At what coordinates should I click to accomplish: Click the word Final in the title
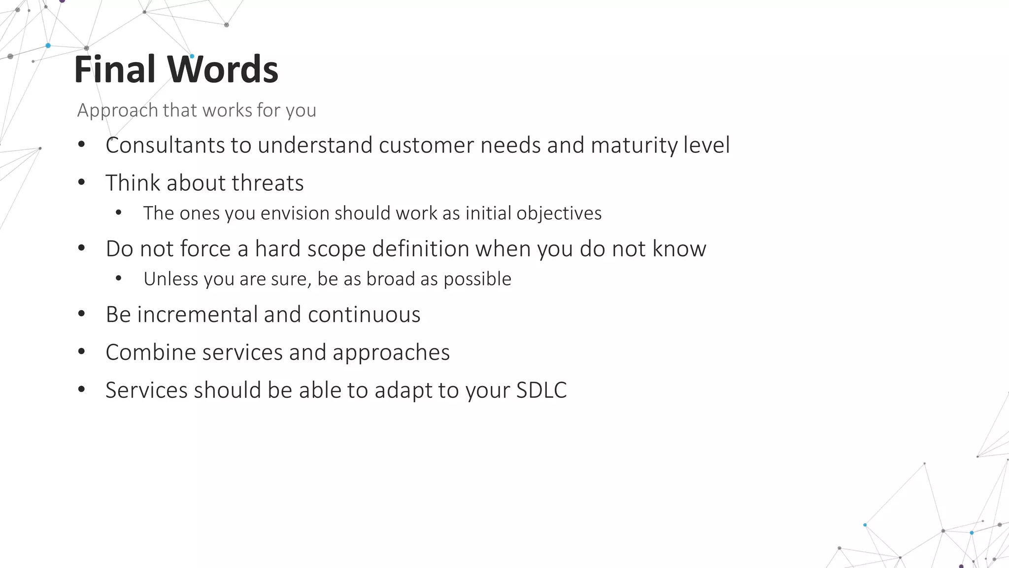(x=115, y=69)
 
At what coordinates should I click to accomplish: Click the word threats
(x=268, y=183)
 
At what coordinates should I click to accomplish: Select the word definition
(x=420, y=249)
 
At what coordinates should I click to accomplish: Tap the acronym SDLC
(x=541, y=390)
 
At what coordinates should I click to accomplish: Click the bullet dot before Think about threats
(x=82, y=182)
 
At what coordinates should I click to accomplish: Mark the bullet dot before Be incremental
(x=82, y=314)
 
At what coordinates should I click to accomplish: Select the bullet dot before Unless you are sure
(x=119, y=279)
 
